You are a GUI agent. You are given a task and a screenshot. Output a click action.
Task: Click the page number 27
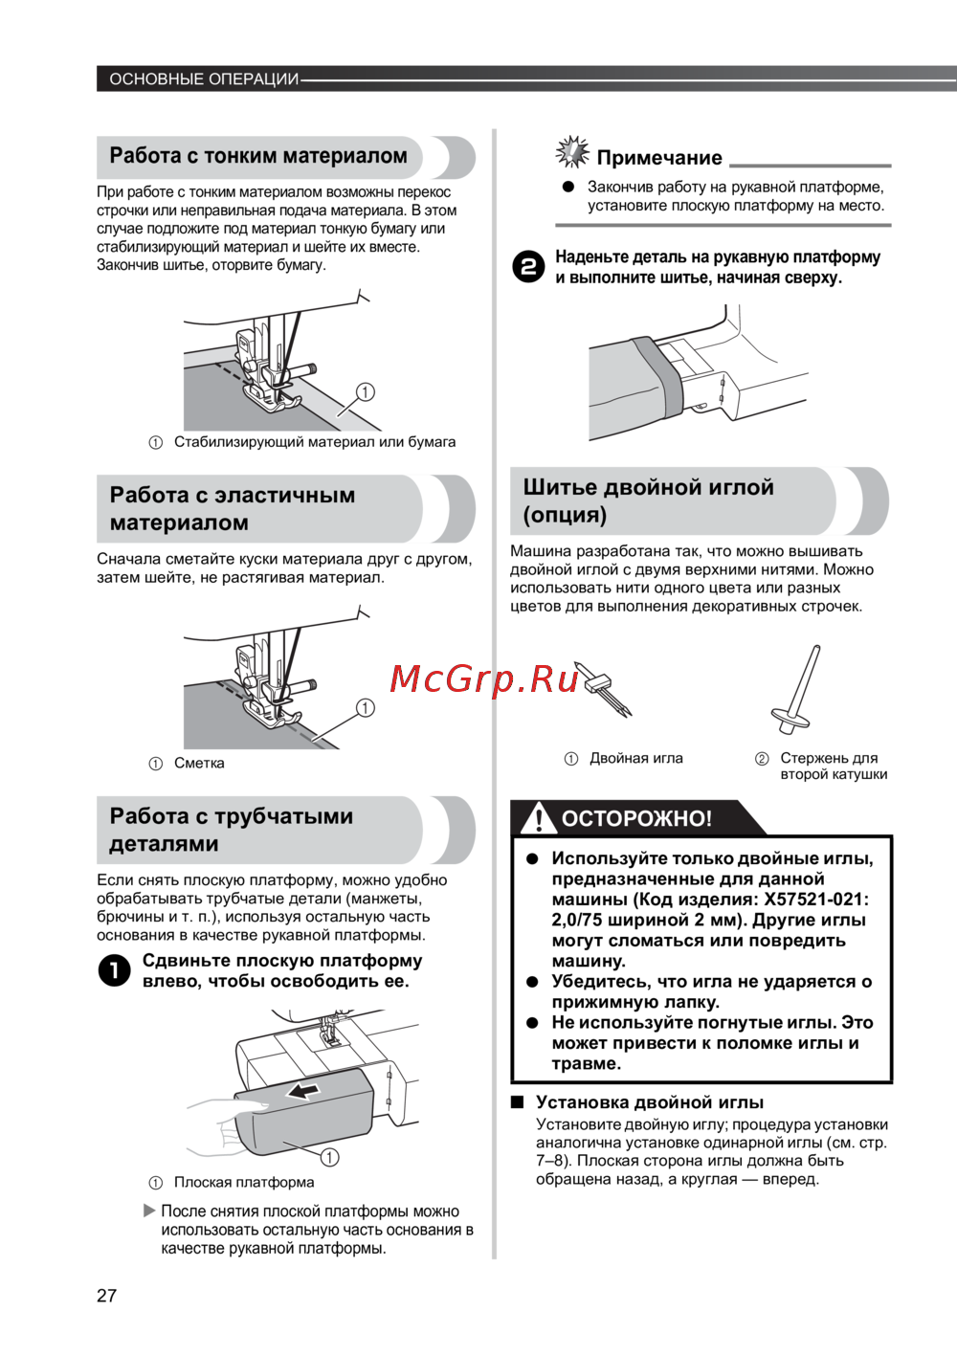(106, 1296)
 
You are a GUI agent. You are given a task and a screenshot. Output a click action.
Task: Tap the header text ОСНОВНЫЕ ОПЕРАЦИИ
(204, 78)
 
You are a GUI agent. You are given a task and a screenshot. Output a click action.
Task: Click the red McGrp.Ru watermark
(484, 678)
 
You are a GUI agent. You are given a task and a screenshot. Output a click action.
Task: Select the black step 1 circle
(114, 970)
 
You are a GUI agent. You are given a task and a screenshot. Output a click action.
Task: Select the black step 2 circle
(527, 266)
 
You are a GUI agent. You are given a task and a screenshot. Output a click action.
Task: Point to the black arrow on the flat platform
(303, 1092)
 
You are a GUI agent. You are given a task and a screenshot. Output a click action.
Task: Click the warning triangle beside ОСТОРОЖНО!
(539, 818)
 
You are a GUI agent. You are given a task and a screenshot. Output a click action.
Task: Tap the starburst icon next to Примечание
(572, 152)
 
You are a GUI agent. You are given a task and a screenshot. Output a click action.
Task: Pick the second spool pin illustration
(797, 689)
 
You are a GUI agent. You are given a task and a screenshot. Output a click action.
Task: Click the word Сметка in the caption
(199, 763)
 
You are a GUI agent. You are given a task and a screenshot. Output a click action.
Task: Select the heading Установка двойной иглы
(649, 1102)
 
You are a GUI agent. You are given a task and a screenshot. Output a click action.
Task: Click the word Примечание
(658, 158)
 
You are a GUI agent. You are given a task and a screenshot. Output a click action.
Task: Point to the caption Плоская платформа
(244, 1182)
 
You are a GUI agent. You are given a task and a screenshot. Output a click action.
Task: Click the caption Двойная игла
(635, 758)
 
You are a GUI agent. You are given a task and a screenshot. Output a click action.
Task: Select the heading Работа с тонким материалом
(258, 156)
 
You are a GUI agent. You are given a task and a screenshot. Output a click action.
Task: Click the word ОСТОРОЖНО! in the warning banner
(636, 818)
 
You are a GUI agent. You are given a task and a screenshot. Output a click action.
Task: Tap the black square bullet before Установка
(517, 1102)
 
